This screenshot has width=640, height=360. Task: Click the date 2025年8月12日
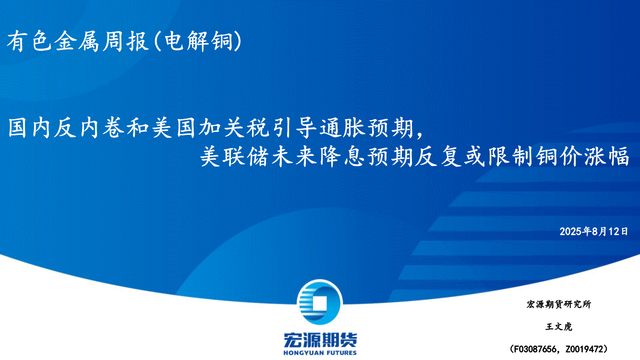pos(593,231)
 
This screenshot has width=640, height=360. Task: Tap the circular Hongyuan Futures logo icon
pos(320,302)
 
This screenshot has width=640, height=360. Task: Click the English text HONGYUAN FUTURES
pos(320,353)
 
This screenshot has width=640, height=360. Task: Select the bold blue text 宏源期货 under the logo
pos(320,340)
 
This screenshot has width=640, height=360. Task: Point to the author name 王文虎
pos(558,326)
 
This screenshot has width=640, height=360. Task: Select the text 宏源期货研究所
pos(558,304)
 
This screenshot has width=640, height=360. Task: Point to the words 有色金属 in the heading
pos(53,41)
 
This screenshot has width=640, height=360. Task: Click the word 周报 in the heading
pos(126,41)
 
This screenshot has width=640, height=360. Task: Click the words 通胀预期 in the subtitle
pos(366,128)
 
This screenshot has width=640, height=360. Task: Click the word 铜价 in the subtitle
pos(558,156)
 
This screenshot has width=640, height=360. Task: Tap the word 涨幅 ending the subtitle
pos(606,156)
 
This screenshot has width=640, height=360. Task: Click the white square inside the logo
pos(319,303)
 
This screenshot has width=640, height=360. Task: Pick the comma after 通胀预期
pos(420,134)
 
